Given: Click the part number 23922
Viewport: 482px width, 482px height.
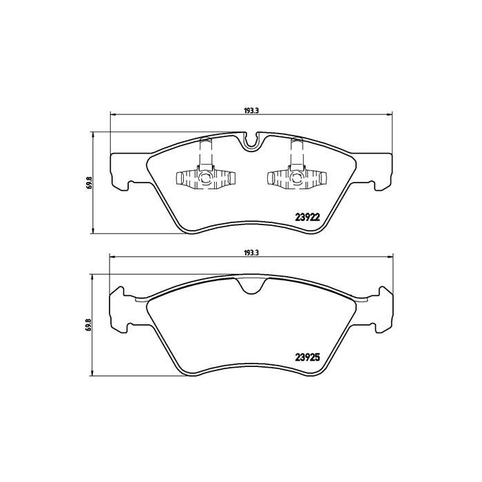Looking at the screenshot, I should pyautogui.click(x=307, y=217).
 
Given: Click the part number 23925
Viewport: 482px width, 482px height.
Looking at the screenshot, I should pyautogui.click(x=307, y=357).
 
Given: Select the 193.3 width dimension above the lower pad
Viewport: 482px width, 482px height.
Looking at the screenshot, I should pyautogui.click(x=251, y=253).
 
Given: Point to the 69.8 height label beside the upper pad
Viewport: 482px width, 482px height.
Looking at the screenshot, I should pyautogui.click(x=90, y=182).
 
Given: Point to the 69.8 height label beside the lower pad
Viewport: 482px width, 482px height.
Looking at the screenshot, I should pyautogui.click(x=90, y=324).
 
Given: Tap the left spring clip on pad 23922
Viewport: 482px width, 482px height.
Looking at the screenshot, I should pyautogui.click(x=205, y=178).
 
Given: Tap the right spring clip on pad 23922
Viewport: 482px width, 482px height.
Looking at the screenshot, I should pyautogui.click(x=296, y=178).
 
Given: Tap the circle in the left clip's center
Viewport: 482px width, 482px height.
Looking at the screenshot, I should pyautogui.click(x=205, y=178).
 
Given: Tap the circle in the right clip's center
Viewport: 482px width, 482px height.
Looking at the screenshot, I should pyautogui.click(x=296, y=178).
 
